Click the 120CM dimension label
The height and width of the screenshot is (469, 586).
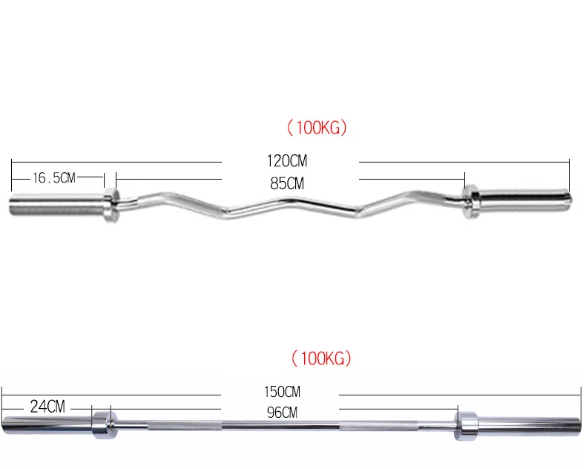tap(287, 160)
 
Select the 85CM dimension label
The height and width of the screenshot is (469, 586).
tap(287, 183)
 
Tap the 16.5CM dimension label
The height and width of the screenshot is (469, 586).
tap(53, 178)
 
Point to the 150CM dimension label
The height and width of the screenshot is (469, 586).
tap(283, 391)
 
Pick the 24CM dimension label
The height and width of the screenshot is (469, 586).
tap(47, 407)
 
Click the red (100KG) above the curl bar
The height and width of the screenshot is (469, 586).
tap(317, 128)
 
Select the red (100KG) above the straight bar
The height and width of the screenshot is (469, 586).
tap(320, 359)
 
